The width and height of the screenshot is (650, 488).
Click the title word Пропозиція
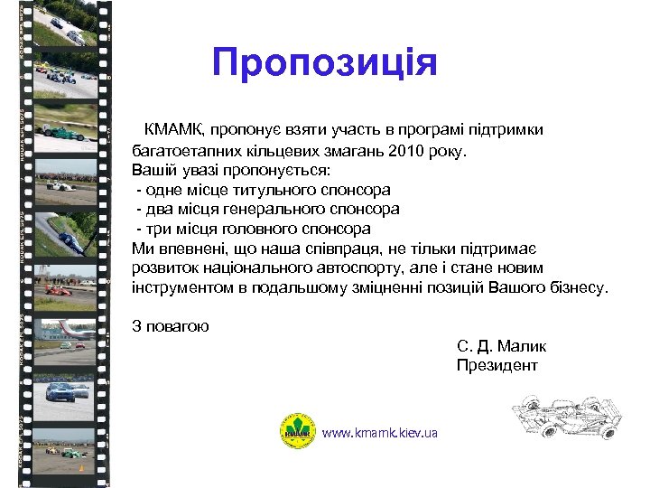coord(325,62)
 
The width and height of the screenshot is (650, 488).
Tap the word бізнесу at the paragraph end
coord(579,288)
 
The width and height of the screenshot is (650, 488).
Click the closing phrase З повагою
coord(171,326)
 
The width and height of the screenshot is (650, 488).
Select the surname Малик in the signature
coord(522,346)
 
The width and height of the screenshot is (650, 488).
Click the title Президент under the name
coord(497,365)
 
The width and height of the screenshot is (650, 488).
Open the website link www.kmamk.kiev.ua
coord(379,433)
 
